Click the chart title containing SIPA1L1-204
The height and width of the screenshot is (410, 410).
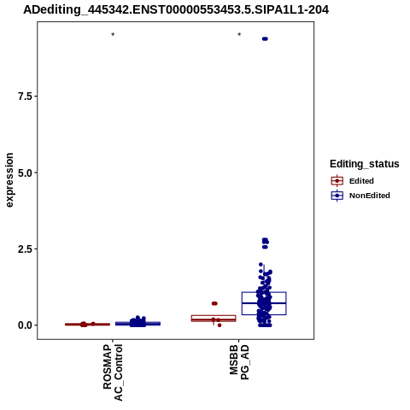click(x=176, y=10)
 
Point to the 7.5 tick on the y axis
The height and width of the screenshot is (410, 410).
click(x=25, y=97)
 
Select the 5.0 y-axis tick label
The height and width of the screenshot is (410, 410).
click(x=25, y=173)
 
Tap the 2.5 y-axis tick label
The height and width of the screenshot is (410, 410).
click(x=25, y=249)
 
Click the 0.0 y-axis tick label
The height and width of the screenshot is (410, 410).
click(x=25, y=325)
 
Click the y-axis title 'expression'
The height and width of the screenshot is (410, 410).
click(x=9, y=180)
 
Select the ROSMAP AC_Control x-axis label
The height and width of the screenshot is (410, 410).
click(x=113, y=372)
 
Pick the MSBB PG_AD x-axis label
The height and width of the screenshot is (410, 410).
click(x=239, y=362)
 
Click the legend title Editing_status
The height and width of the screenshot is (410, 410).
click(x=365, y=164)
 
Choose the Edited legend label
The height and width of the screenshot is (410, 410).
click(x=361, y=181)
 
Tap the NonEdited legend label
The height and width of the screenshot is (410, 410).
click(x=370, y=196)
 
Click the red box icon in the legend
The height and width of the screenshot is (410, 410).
click(x=337, y=181)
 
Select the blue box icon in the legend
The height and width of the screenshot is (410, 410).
click(x=337, y=196)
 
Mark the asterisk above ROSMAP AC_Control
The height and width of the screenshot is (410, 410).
click(x=113, y=35)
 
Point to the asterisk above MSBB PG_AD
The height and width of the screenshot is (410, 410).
click(x=239, y=35)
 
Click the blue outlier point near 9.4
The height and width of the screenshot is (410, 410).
click(x=265, y=38)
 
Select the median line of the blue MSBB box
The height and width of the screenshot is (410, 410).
click(x=264, y=303)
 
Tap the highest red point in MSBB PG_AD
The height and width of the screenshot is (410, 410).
click(x=214, y=303)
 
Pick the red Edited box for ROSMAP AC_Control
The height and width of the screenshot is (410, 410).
click(x=87, y=325)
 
